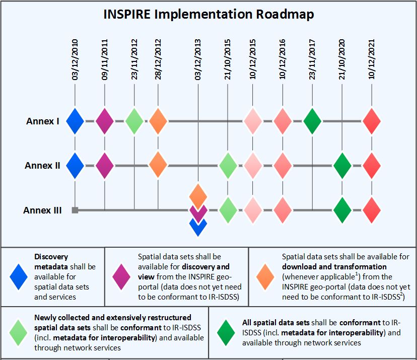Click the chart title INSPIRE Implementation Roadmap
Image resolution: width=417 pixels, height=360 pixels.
[x=208, y=14]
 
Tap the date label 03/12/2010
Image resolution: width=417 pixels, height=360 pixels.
[x=75, y=59]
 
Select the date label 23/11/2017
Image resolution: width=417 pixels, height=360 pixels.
[x=312, y=59]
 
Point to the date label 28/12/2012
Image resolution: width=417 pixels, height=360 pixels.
[x=158, y=59]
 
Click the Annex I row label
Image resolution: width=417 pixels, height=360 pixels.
[x=42, y=121]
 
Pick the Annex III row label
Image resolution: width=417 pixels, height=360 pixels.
[x=42, y=210]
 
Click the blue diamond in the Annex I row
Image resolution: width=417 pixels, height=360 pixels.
[x=75, y=121]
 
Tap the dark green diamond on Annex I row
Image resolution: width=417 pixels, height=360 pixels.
[x=312, y=121]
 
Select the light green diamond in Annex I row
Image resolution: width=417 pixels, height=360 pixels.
[x=134, y=121]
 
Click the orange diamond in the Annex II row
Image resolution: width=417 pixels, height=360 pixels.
[x=158, y=165]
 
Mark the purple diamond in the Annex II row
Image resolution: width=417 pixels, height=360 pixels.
[x=105, y=166]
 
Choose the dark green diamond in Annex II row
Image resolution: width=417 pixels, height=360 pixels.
[x=342, y=166]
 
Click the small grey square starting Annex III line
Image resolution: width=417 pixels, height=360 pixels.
[x=75, y=210]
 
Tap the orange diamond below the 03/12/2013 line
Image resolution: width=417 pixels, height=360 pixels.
[x=198, y=197]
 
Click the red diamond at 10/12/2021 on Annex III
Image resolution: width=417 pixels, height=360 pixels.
[x=372, y=210]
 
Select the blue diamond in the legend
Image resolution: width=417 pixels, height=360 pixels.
[x=19, y=277]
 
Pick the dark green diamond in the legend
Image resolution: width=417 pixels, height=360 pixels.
[x=226, y=333]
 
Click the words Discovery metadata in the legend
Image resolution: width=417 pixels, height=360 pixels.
[x=51, y=262]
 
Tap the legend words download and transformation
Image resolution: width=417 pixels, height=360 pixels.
[x=334, y=267]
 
